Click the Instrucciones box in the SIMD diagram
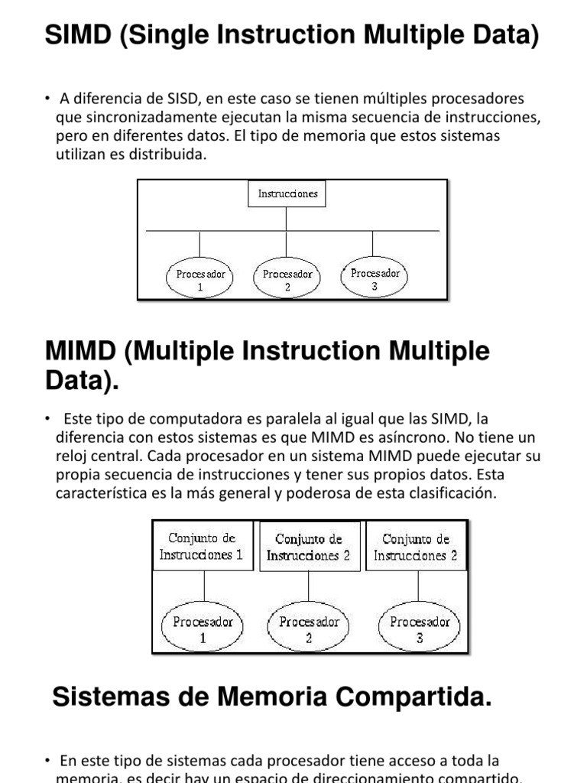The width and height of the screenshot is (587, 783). pos(287,194)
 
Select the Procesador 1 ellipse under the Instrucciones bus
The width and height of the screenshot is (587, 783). pos(200,279)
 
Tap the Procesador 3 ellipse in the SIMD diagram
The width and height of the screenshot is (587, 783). pos(375,278)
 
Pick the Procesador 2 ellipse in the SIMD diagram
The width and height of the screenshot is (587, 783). pos(287,279)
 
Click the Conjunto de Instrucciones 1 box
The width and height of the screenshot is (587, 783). pos(202,546)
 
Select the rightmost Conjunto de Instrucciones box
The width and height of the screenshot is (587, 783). pos(416,546)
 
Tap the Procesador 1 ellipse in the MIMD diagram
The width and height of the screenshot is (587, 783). pos(203,629)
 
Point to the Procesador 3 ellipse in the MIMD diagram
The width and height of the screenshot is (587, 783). pos(420,629)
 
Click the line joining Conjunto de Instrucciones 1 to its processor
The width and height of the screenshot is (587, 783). pos(203,587)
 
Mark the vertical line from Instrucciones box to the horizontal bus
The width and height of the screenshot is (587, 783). pos(287,219)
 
